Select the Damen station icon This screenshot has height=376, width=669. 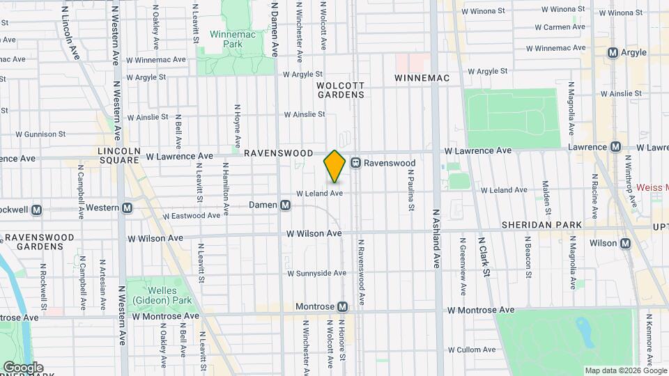pos(285,205)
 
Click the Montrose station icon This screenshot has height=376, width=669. pos(342,307)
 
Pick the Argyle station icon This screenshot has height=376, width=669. pos(613,52)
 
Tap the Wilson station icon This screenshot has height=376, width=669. pos(625,243)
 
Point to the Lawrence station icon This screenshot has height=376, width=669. pos(615,147)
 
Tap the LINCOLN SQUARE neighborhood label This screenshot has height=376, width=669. pos(120,155)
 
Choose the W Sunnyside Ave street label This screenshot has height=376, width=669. pos(314,274)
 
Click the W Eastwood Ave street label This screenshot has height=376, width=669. pos(193,216)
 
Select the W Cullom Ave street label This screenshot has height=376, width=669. pos(471,350)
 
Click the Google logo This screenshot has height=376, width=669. pos(22,368)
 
